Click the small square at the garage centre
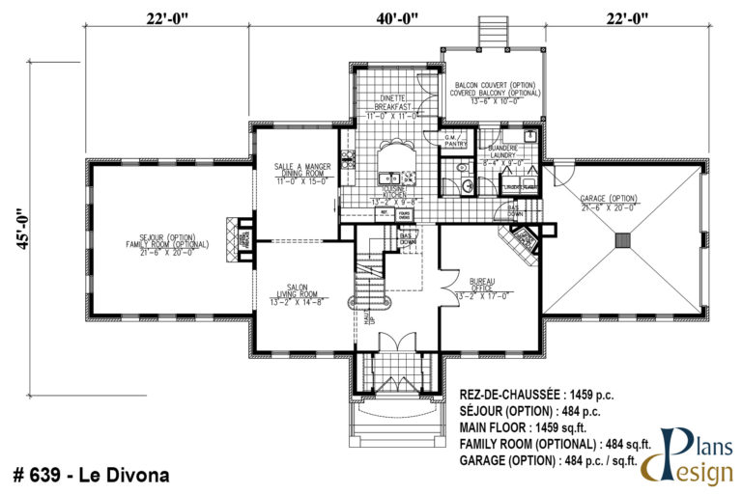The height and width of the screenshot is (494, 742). coord(623,239)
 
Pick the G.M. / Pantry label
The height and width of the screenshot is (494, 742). coord(454,141)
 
